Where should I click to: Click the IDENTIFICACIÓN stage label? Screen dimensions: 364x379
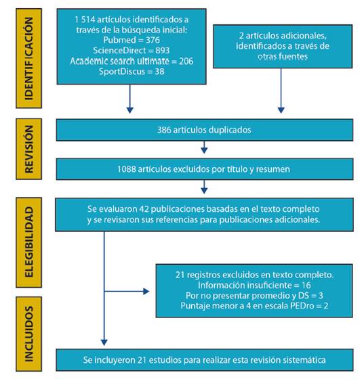click(x=28, y=58)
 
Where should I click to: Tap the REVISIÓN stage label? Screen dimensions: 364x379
click(x=28, y=149)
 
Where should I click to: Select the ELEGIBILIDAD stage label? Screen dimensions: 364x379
click(x=28, y=242)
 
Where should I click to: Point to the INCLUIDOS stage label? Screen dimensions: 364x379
click(x=28, y=334)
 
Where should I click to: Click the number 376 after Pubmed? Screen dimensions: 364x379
click(x=153, y=40)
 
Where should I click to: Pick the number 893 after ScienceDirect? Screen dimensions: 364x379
click(x=163, y=50)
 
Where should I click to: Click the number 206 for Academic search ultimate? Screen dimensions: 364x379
click(x=186, y=61)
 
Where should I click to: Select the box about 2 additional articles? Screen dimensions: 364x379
click(x=283, y=47)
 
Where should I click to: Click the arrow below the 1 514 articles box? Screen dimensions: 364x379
click(x=130, y=99)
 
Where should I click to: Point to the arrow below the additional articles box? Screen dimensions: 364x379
click(x=281, y=91)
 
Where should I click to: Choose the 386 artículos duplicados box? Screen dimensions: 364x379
click(x=205, y=130)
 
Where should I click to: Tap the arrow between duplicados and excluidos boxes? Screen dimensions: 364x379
click(x=204, y=148)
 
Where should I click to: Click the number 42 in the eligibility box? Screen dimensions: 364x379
click(x=144, y=209)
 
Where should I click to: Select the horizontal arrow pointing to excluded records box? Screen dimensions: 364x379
click(x=127, y=291)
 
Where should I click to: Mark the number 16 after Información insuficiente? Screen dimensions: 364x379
click(x=306, y=285)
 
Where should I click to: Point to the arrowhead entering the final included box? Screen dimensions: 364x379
click(x=104, y=342)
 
